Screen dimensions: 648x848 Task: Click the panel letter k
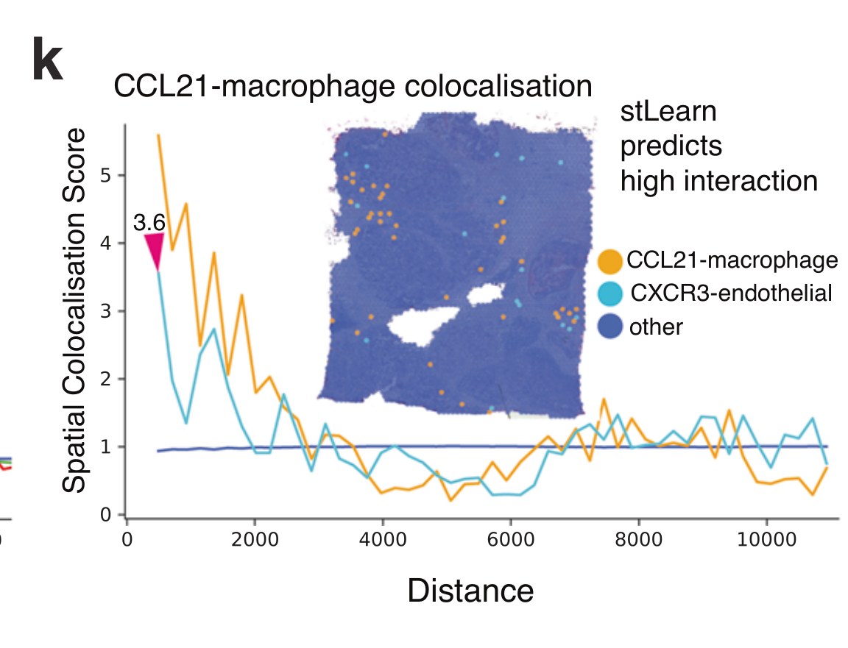48,60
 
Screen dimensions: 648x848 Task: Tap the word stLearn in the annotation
668,112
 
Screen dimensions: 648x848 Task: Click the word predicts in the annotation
671,146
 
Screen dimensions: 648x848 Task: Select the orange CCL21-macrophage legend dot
611,260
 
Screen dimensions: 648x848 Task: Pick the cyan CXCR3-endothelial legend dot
611,293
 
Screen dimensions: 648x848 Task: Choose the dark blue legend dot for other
611,327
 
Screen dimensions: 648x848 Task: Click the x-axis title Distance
470,591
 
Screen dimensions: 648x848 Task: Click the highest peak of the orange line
158,135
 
